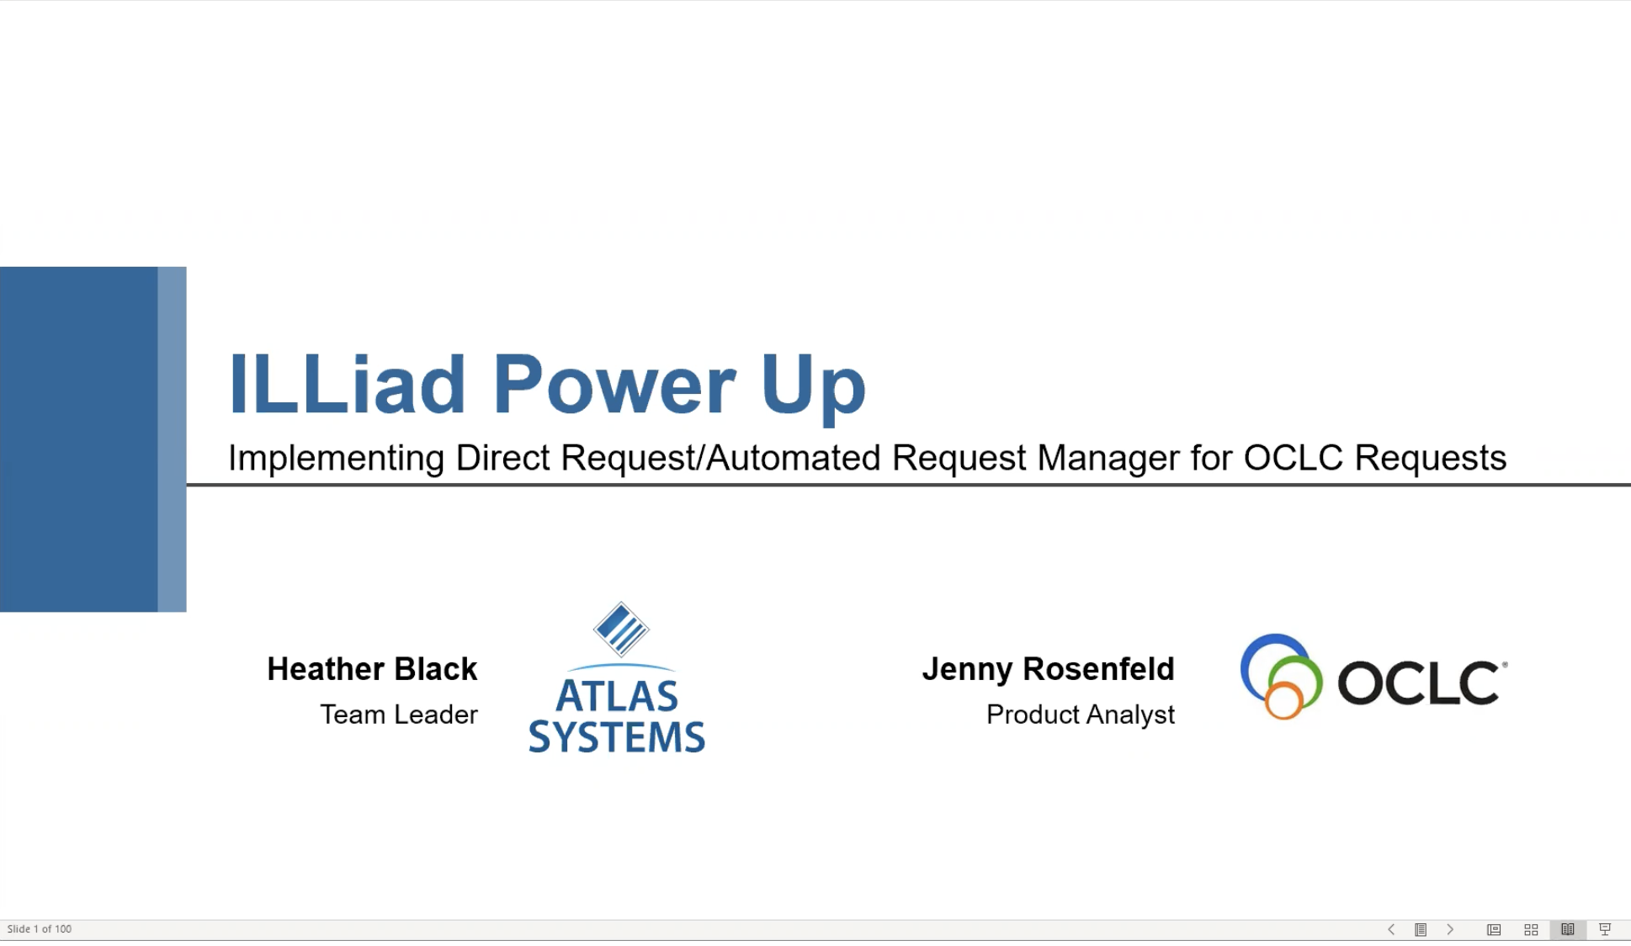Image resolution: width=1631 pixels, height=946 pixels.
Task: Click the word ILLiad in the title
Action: pos(347,384)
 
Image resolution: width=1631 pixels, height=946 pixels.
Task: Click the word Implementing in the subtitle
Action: pos(336,459)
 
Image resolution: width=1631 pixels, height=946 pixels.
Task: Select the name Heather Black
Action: pos(372,669)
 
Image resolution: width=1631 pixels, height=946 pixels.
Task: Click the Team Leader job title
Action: pos(399,715)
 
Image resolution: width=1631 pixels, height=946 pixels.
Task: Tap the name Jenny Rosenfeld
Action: pos(1048,669)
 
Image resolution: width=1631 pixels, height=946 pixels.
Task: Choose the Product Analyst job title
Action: pos(1081,715)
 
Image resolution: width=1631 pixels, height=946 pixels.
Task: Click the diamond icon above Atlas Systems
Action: pos(621,629)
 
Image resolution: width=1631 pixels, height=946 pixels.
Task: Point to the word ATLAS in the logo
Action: pos(617,696)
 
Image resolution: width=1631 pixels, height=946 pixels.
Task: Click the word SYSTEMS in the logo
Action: pos(617,737)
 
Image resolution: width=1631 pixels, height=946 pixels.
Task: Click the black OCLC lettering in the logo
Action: pos(1419,682)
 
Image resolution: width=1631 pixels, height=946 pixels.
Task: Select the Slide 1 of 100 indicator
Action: pos(40,929)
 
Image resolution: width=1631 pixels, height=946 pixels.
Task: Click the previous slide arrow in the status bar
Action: pos(1391,929)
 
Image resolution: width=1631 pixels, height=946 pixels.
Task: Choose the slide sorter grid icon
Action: pos(1531,929)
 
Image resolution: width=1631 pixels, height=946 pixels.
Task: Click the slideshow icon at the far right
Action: pos(1605,929)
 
